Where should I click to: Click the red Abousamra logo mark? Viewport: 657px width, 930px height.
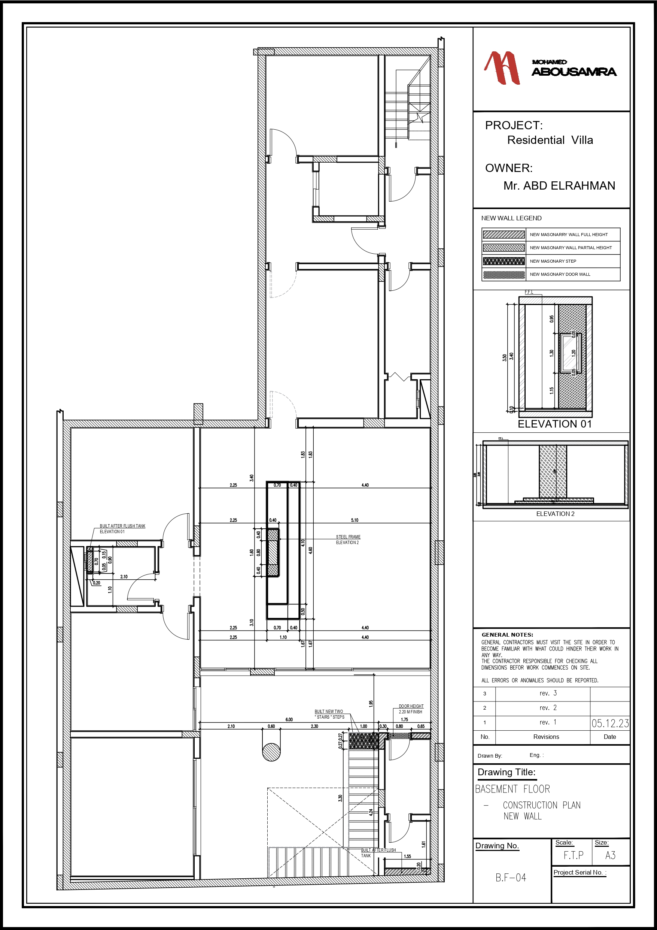click(x=502, y=68)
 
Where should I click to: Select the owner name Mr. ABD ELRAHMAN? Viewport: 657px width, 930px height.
click(x=559, y=185)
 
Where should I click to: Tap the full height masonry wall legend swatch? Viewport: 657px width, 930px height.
click(x=504, y=235)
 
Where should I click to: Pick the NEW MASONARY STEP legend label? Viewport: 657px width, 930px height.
click(x=553, y=261)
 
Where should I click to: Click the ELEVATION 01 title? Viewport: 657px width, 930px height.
click(x=554, y=424)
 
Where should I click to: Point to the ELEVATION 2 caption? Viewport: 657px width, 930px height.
click(x=555, y=514)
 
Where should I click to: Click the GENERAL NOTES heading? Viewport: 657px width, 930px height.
click(x=507, y=635)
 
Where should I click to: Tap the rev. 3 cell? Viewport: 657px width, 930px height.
click(x=548, y=694)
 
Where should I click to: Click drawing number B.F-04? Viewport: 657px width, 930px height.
click(x=511, y=877)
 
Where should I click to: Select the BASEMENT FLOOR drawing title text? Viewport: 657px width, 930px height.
click(x=512, y=789)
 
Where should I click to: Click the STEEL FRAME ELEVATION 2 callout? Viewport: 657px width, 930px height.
click(x=348, y=540)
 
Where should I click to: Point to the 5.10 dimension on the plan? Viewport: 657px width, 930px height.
click(x=354, y=520)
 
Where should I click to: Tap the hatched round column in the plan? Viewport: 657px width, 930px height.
click(x=271, y=752)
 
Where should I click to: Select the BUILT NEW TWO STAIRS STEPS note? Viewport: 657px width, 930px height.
click(x=329, y=714)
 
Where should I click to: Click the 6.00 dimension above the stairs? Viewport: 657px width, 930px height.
click(x=289, y=719)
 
